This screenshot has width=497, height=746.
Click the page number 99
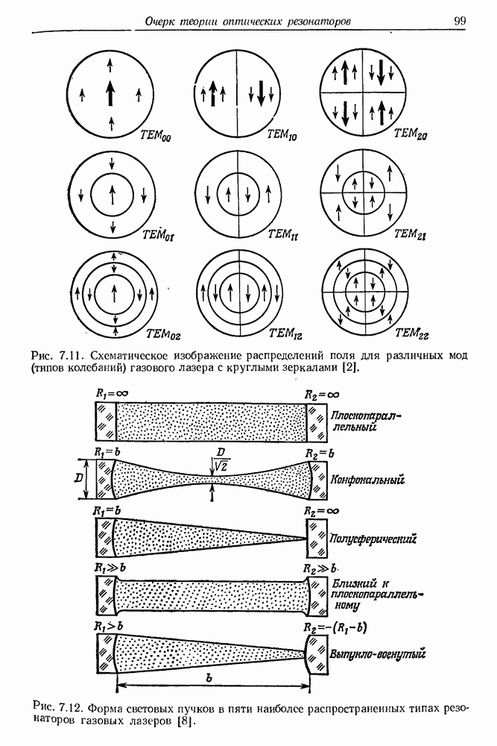[x=460, y=21]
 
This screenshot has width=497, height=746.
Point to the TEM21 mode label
[x=410, y=234]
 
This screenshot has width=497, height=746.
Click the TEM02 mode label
[x=163, y=335]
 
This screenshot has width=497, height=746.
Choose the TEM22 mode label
[x=412, y=333]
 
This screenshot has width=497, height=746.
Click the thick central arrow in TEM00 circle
[x=110, y=93]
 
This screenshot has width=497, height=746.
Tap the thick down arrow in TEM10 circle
[x=261, y=93]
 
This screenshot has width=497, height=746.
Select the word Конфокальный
[x=368, y=480]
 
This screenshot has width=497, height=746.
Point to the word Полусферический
[x=373, y=539]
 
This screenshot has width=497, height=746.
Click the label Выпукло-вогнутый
[x=378, y=653]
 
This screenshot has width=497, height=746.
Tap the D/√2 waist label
[x=220, y=462]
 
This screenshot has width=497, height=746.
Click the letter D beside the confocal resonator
[x=78, y=478]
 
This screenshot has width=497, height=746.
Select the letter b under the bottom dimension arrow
[x=209, y=679]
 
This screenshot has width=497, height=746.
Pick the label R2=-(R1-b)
[x=335, y=627]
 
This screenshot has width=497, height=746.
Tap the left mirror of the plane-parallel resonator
[x=106, y=421]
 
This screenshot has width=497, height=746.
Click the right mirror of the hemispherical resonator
[x=317, y=538]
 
